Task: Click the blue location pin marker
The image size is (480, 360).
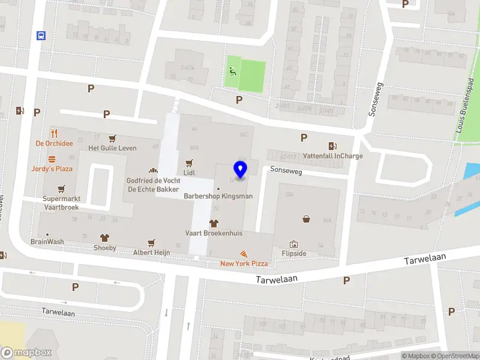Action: [x=240, y=170]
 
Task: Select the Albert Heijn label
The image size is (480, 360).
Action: [x=151, y=253]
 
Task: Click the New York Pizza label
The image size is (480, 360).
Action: [x=244, y=263]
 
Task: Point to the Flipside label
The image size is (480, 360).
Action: [x=294, y=253]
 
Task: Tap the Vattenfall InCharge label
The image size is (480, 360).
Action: [x=332, y=156]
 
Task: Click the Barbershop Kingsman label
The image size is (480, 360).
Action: [x=218, y=196]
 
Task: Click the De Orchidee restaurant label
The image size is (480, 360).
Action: [x=54, y=143]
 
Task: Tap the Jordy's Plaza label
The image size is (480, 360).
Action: [x=52, y=169]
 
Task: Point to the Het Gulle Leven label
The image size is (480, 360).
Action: [x=112, y=148]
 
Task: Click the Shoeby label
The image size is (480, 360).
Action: [x=104, y=247]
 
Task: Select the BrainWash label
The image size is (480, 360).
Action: [x=47, y=242]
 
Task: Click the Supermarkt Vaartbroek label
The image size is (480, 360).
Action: [x=61, y=203]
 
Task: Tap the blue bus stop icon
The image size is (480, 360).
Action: [x=41, y=35]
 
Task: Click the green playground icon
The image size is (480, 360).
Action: [x=232, y=71]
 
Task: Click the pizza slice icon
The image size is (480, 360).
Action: [x=244, y=254]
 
